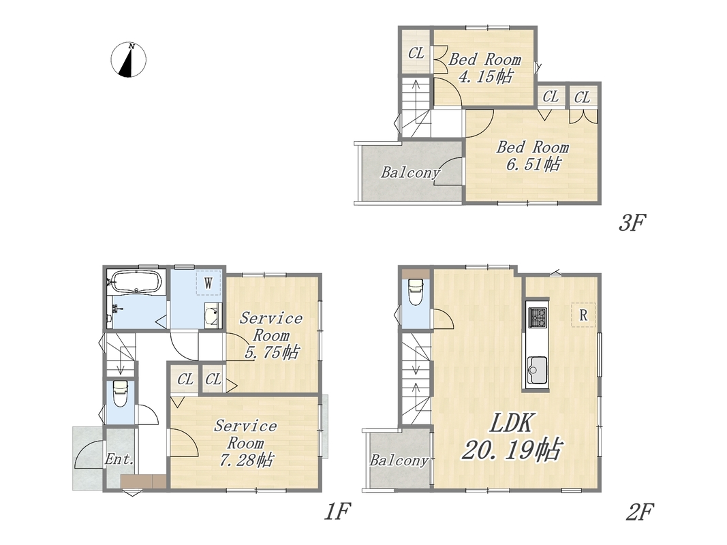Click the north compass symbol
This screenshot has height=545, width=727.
pos(128,60)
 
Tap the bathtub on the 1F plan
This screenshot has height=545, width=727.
pos(136,282)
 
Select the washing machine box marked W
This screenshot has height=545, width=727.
pos(208,282)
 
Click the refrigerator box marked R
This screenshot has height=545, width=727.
pos(583,315)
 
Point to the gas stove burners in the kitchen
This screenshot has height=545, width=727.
pos(538,317)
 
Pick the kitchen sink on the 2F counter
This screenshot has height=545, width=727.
pos(537,371)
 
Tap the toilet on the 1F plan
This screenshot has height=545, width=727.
pos(121,394)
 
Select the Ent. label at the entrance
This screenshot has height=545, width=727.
pos(120,460)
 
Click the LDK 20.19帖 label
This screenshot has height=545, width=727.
pos(512,436)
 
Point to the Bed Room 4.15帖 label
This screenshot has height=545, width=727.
pos(485,67)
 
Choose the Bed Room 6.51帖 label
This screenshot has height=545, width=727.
pos(533,156)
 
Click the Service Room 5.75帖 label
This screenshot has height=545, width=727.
pos(271,335)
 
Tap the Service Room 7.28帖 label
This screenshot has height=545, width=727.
pos(245,443)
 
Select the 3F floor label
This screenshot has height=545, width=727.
pos(632,223)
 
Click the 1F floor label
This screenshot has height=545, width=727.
pos(337,512)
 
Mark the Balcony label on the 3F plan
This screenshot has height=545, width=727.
pos(410,172)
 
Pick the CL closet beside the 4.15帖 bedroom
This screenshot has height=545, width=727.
pos(416,53)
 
